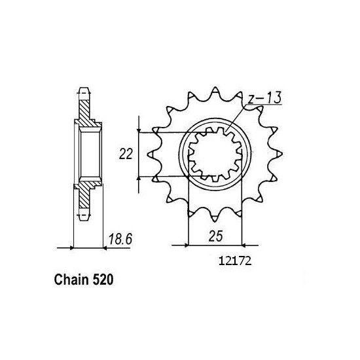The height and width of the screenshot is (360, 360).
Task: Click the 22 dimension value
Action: pyautogui.click(x=126, y=154)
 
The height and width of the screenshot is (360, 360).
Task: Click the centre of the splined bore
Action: pyautogui.click(x=215, y=155)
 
